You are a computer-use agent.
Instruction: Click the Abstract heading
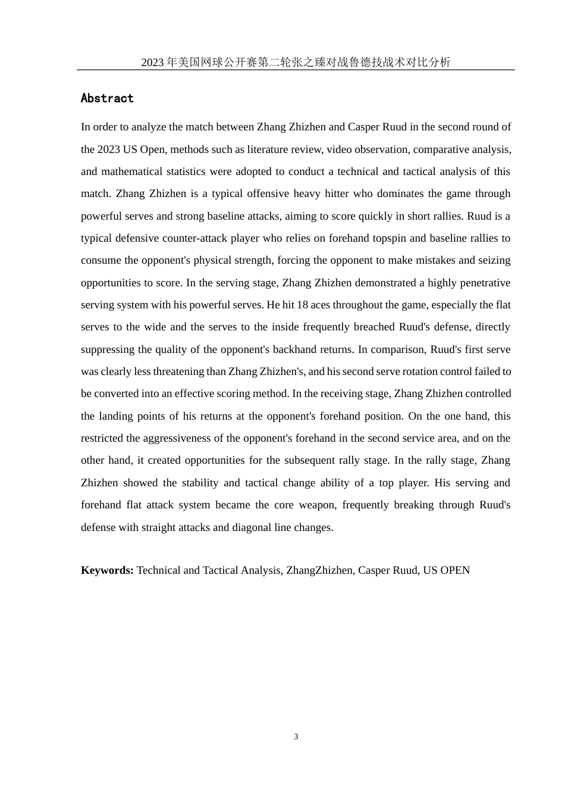[107, 98]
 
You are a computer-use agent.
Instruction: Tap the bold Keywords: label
[107, 570]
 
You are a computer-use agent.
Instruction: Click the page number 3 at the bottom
[296, 737]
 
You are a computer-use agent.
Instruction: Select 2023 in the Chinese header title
[153, 62]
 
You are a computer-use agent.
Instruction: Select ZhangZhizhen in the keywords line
[319, 570]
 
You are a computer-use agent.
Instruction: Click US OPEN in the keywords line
[446, 570]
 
